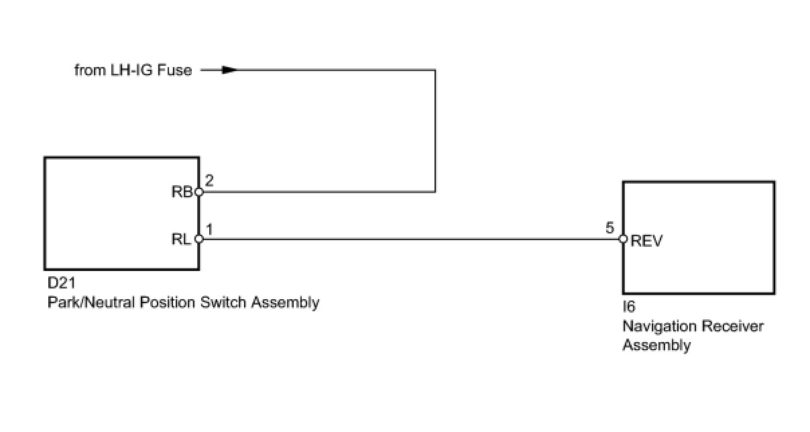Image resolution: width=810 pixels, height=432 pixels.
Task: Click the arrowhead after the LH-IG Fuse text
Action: coord(229,70)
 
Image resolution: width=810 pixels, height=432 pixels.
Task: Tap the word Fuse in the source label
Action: coord(174,70)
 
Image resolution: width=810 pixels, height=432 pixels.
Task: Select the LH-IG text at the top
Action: coord(132,70)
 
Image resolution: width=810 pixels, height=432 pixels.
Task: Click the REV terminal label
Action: coord(646,241)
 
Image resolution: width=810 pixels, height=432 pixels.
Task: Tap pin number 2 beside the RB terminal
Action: coord(209,180)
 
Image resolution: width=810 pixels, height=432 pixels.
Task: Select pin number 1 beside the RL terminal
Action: coord(209,229)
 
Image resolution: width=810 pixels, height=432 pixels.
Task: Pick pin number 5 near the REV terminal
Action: coord(610,228)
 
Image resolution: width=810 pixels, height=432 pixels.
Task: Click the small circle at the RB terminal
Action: coord(198,192)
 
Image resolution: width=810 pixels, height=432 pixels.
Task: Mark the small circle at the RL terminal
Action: coord(198,239)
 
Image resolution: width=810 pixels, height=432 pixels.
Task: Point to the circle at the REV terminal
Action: coord(623,239)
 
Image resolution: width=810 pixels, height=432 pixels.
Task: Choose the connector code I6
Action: coord(629,309)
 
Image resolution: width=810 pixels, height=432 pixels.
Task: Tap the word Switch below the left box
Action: coord(224,303)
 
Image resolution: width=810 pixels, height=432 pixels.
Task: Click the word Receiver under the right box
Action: coord(732,327)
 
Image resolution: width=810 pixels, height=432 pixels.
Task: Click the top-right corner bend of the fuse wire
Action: coord(435,70)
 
